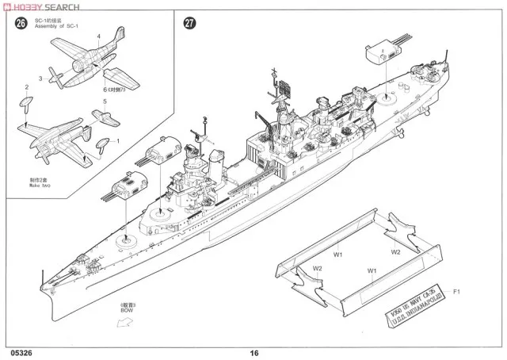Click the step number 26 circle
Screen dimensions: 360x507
[x=21, y=23]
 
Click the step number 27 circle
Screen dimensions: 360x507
[x=189, y=23]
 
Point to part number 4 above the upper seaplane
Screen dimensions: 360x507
[x=98, y=36]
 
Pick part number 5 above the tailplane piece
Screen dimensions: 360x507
[x=105, y=101]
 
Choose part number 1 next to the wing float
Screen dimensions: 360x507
[x=118, y=141]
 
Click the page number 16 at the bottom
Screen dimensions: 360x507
[x=253, y=353]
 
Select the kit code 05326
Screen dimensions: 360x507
[x=24, y=353]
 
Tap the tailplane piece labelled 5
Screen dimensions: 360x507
[x=101, y=115]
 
